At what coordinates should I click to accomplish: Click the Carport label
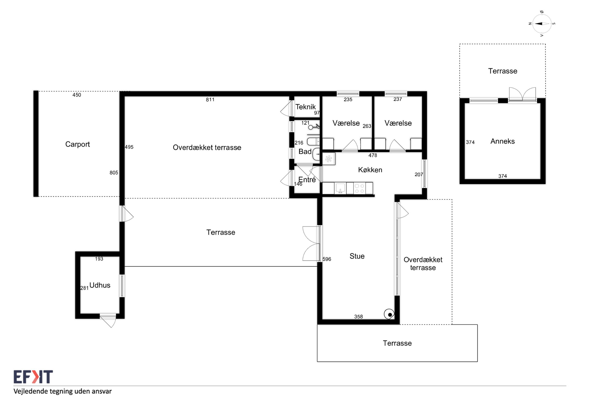point(78,144)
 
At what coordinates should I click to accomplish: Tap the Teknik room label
point(305,107)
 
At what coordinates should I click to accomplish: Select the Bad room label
point(305,152)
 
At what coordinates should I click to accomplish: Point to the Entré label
point(307,180)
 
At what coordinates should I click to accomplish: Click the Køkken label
point(370,170)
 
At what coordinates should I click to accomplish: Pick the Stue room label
point(357,256)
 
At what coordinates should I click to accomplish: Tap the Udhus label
point(100,285)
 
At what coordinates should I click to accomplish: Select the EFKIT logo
point(33,377)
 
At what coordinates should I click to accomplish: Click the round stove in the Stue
point(389,314)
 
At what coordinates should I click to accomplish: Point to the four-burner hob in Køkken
point(359,189)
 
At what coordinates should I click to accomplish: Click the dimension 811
point(210,100)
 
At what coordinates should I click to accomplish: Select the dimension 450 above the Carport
point(77,95)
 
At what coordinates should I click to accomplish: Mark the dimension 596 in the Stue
point(327,259)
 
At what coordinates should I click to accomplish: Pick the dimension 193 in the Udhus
point(99,259)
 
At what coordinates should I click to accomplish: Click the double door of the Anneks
point(522,94)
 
